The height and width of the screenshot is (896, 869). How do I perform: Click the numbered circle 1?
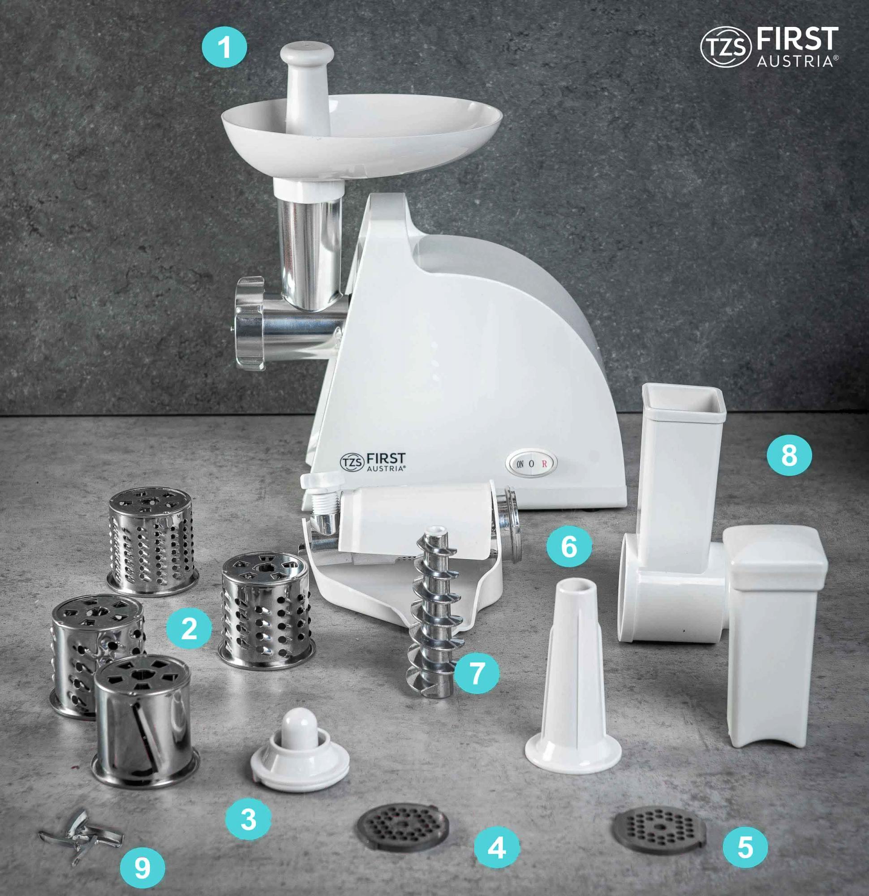[x=224, y=47]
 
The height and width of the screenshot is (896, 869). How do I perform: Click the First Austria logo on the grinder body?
[x=373, y=462]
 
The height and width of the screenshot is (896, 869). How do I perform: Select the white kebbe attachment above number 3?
[x=299, y=750]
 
